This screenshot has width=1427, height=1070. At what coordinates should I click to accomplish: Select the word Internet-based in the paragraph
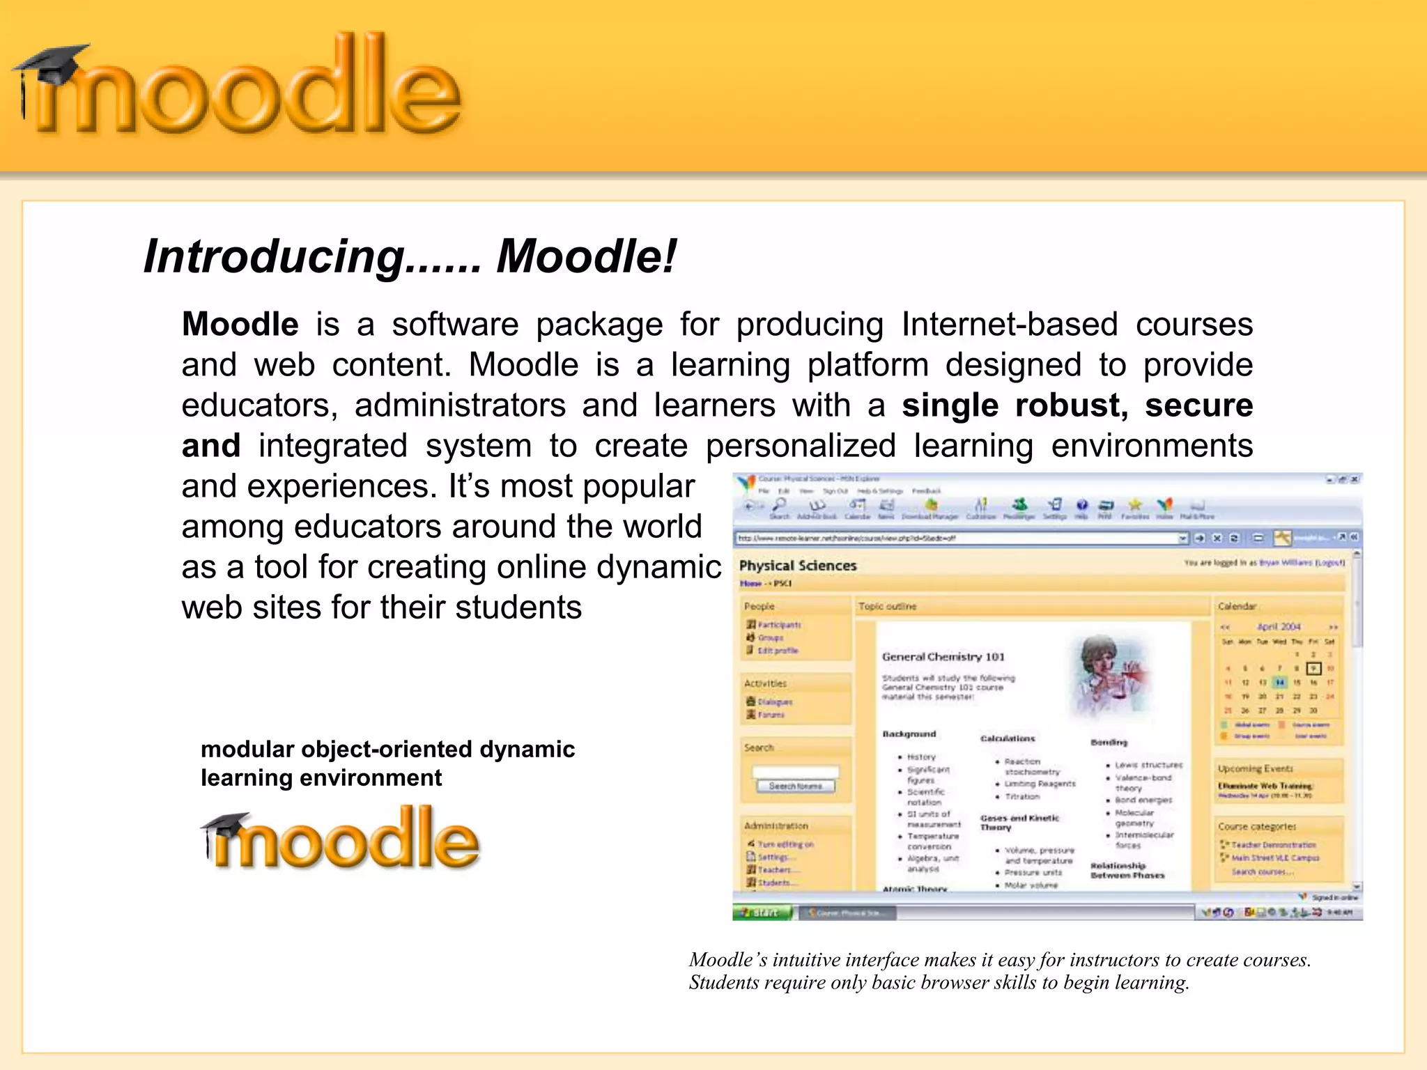click(1009, 325)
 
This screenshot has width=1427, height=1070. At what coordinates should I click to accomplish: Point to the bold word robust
click(1070, 405)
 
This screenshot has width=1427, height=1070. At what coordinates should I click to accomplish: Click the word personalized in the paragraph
click(801, 446)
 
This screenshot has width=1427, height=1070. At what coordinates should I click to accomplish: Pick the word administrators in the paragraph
click(460, 405)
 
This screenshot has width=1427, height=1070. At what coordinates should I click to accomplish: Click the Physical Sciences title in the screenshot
click(797, 566)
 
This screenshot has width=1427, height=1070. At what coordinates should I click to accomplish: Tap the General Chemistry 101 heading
click(943, 656)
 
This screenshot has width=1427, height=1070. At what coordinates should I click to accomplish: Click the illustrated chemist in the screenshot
click(1107, 676)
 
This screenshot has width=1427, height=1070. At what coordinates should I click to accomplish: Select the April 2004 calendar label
click(1279, 626)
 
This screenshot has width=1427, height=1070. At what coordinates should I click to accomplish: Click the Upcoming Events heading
click(1255, 768)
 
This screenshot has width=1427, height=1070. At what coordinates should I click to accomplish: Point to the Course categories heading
click(1257, 826)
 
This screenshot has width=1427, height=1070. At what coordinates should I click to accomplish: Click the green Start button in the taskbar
click(762, 912)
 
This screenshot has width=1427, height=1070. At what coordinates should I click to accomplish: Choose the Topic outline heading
click(887, 606)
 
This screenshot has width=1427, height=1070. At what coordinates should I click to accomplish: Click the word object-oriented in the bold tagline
click(387, 750)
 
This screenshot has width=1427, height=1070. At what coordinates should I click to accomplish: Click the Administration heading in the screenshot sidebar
click(776, 825)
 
